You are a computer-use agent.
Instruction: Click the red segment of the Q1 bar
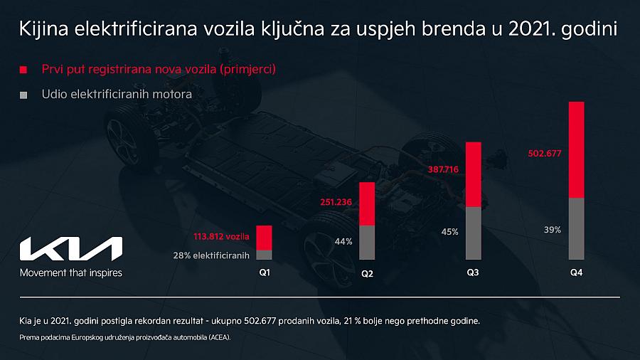264,238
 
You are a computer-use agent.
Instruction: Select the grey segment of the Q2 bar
367,243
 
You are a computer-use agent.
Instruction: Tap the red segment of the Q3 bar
474,174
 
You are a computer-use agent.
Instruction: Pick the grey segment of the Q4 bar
576,228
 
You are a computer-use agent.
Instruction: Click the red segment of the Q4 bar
576,149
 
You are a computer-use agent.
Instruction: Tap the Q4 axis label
577,272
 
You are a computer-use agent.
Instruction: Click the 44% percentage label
343,242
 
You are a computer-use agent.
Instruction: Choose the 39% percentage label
552,230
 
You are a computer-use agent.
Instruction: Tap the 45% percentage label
449,231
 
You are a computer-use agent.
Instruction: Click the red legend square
24,70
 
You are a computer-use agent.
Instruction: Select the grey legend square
24,95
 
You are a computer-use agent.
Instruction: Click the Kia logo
71,250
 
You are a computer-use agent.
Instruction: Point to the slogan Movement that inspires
70,272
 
